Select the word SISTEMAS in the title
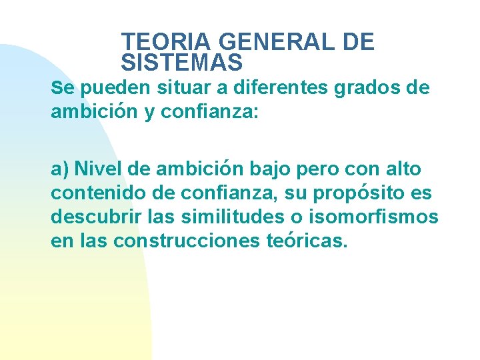point(182,63)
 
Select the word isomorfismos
point(376,217)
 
